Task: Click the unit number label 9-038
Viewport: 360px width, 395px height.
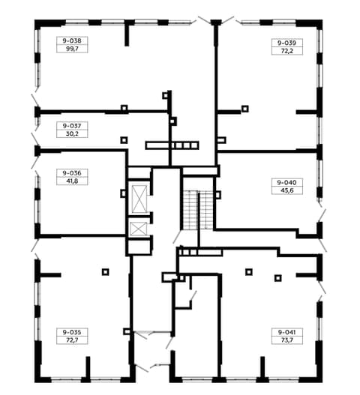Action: (72, 40)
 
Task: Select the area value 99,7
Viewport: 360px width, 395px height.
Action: (72, 49)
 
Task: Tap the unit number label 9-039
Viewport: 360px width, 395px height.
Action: (287, 43)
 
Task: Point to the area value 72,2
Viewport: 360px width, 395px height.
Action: (287, 51)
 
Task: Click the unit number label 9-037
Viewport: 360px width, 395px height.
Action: (72, 125)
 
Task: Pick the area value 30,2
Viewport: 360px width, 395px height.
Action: (72, 133)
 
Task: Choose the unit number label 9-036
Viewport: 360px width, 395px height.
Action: (72, 173)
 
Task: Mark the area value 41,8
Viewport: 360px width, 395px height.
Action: (72, 181)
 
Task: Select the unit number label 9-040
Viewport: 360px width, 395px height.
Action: (287, 182)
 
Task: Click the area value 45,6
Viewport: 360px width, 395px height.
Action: (287, 190)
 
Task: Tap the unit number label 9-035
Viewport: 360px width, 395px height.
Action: (72, 332)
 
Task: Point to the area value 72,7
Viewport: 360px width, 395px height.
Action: (72, 340)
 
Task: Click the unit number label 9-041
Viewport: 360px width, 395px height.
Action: (287, 332)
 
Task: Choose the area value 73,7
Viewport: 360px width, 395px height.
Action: (287, 340)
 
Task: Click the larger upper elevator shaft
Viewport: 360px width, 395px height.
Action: (139, 199)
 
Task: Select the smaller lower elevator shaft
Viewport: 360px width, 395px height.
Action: (139, 229)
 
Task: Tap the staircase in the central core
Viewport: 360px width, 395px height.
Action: (198, 210)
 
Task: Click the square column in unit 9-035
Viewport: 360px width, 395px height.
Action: (106, 272)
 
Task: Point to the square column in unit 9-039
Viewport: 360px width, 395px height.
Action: (245, 109)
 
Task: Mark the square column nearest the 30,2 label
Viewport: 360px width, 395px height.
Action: (124, 140)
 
